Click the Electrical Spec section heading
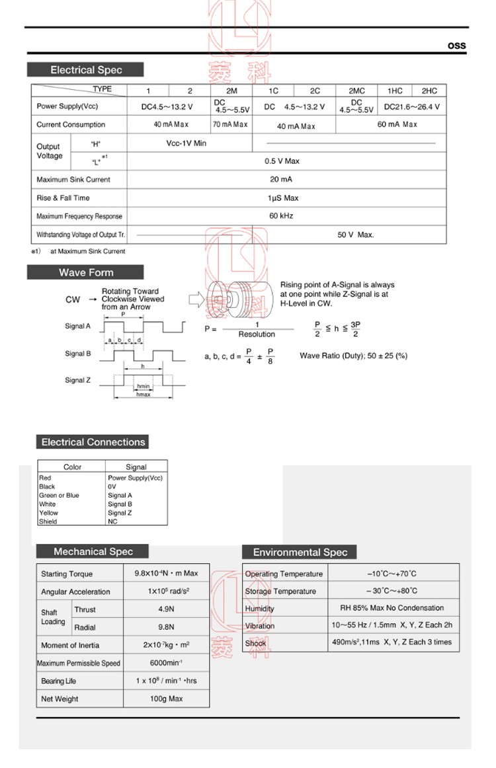coord(86,70)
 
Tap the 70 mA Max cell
coord(230,124)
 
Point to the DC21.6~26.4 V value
coord(411,106)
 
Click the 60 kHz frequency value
coord(281,216)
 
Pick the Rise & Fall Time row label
coord(63,198)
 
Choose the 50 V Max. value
coord(356,235)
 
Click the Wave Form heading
coord(86,272)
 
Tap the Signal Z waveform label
coord(78,380)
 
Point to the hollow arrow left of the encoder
coord(197,299)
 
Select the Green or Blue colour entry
coord(59,495)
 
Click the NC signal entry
coord(112,521)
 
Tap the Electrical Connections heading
coord(93,442)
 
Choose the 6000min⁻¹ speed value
coord(166,663)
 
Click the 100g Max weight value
coord(166,699)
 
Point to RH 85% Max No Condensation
coord(392,608)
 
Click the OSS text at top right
coord(457,46)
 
